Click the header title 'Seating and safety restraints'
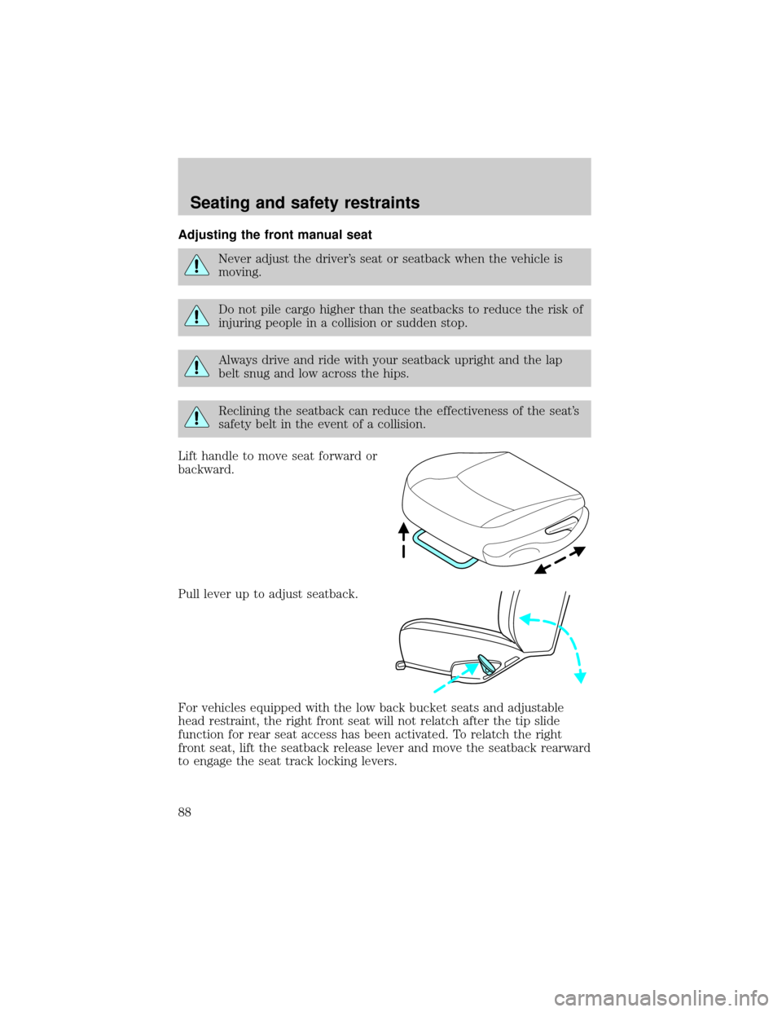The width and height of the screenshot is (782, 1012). point(305,203)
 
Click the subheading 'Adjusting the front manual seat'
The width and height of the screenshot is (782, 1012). point(275,235)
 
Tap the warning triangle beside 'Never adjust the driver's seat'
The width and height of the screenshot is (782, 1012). point(197,265)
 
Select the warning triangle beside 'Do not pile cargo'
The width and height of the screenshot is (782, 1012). point(197,315)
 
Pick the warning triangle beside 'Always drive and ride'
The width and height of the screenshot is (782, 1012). point(197,366)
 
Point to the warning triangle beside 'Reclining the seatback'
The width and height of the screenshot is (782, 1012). point(197,417)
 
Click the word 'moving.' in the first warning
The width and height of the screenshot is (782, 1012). point(239,272)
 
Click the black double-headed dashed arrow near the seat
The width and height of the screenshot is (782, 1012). point(560,561)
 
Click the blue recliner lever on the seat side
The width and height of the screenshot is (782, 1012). point(487,663)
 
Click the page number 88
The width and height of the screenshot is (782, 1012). point(185,812)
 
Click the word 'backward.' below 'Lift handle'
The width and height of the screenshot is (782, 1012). point(206,469)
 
